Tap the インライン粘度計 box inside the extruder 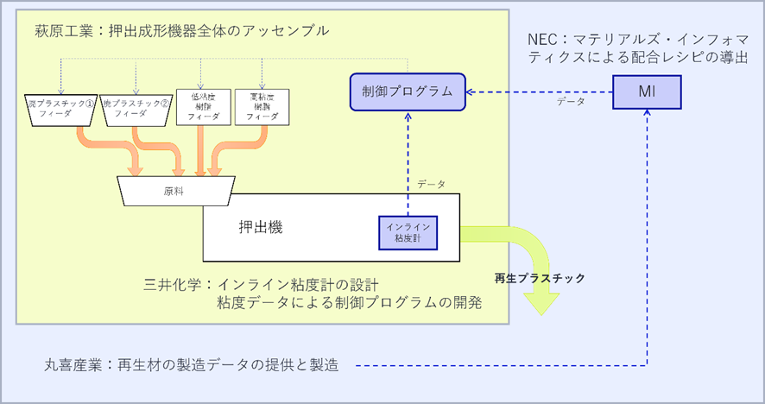pyautogui.click(x=408, y=229)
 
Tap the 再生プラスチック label pyautogui.click(x=539, y=278)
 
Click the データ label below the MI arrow pyautogui.click(x=570, y=103)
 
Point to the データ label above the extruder pyautogui.click(x=431, y=185)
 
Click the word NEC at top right pyautogui.click(x=543, y=41)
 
